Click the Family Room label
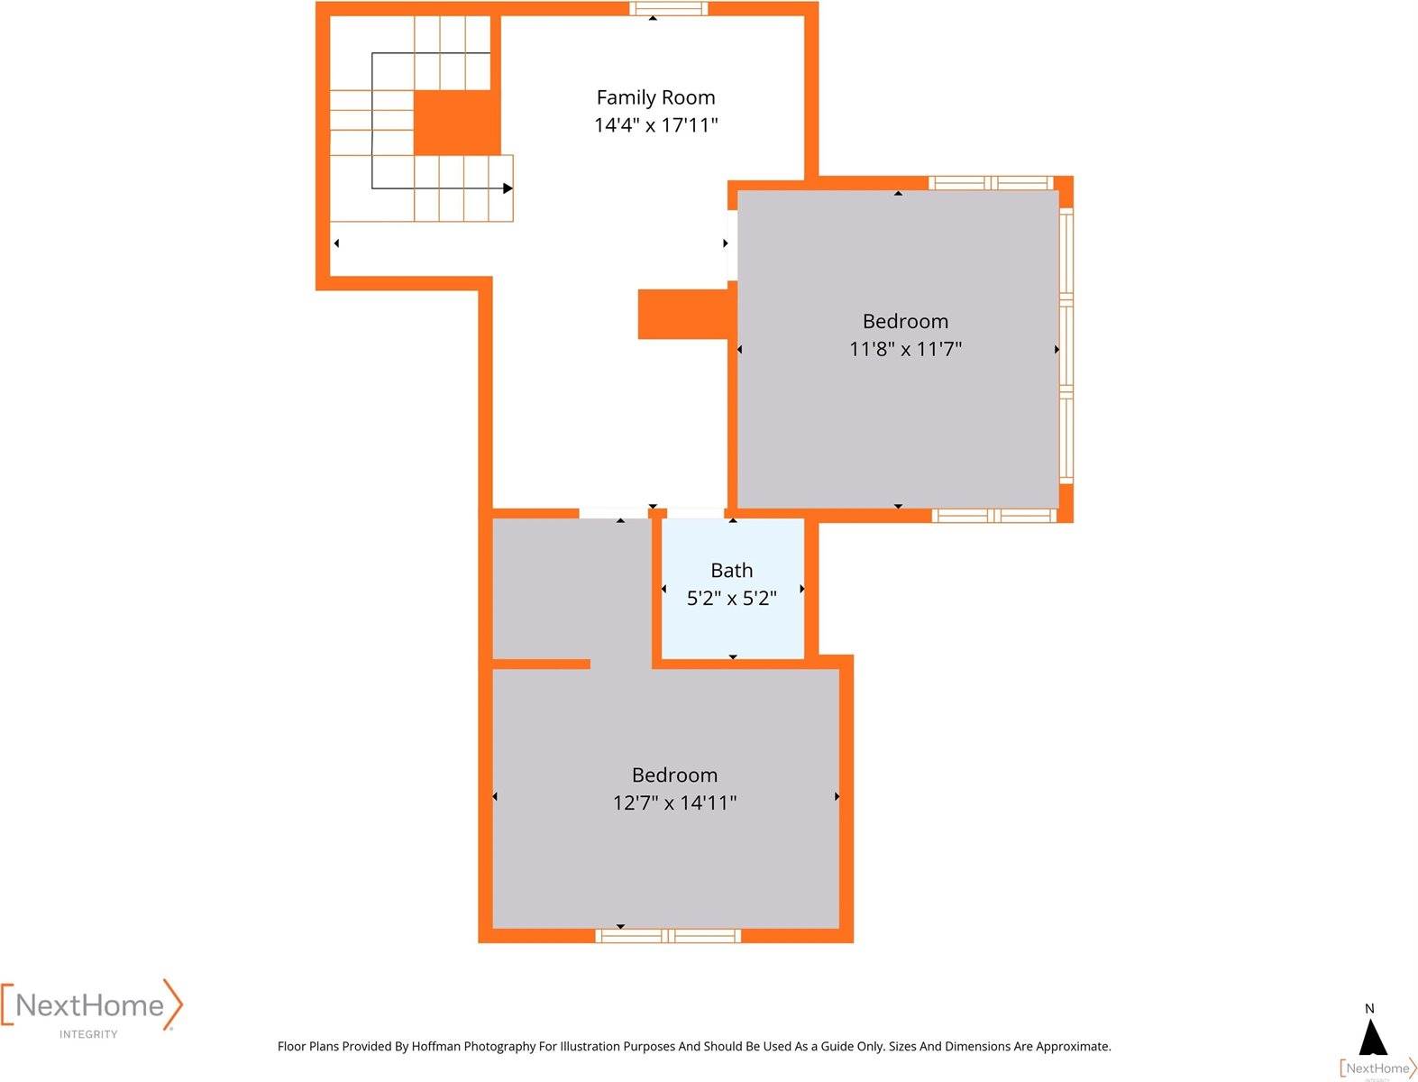point(655,97)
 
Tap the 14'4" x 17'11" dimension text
point(655,125)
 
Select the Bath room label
point(731,571)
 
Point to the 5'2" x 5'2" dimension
point(731,599)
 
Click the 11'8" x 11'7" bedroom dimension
point(905,349)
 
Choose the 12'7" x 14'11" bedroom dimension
point(674,802)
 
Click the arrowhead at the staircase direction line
point(508,188)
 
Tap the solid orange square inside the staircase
point(457,123)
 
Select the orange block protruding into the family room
point(683,315)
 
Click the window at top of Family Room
point(668,9)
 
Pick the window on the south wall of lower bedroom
point(668,936)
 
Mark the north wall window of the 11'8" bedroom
point(990,183)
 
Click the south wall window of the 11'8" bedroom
point(993,516)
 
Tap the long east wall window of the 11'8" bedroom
point(1066,345)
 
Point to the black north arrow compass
point(1372,1038)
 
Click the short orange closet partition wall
point(541,665)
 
